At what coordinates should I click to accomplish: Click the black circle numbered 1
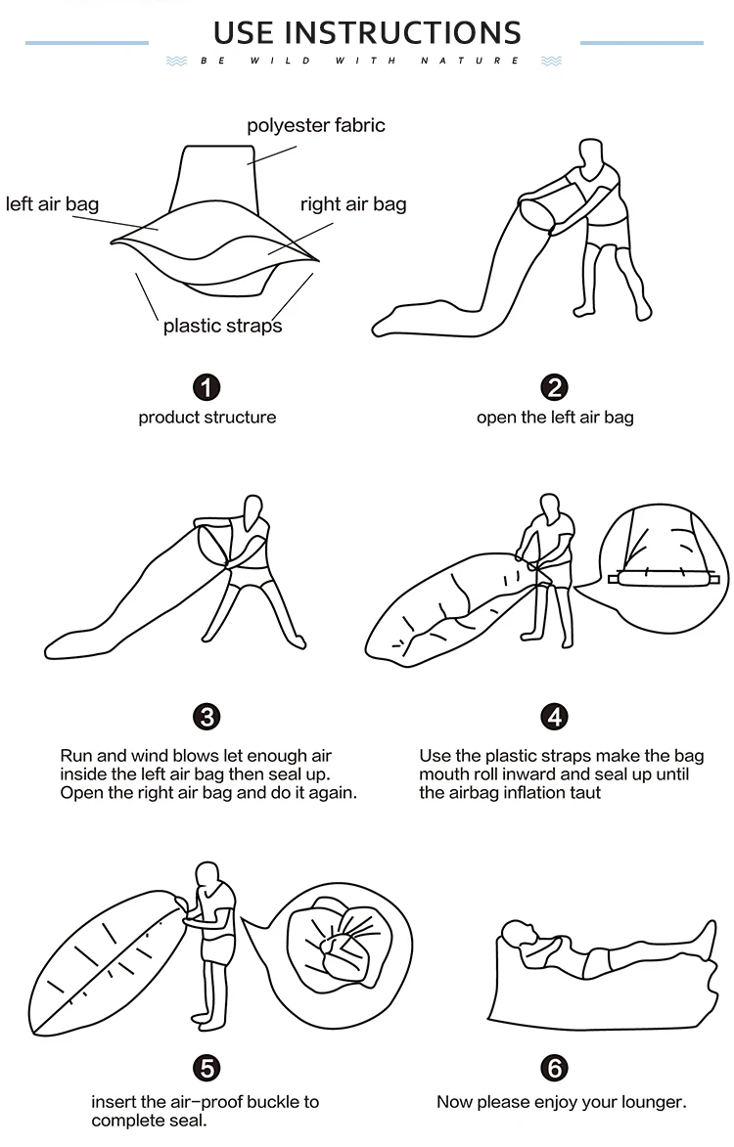click(207, 387)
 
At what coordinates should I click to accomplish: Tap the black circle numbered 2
click(555, 387)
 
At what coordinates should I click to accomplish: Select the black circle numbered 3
click(207, 717)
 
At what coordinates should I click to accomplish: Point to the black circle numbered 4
click(555, 717)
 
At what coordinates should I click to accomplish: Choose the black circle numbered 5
click(207, 1068)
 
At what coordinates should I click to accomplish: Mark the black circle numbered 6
click(555, 1068)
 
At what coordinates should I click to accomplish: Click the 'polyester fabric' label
click(316, 126)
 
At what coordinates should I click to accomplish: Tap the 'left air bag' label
click(52, 204)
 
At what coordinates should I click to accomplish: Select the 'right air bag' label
click(353, 204)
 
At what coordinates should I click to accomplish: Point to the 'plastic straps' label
click(222, 326)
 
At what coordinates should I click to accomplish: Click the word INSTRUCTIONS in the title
click(403, 33)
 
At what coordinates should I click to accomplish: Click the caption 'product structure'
click(207, 418)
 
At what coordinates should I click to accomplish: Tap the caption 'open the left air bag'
click(555, 418)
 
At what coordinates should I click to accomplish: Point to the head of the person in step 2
click(590, 153)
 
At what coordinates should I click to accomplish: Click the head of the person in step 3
click(253, 509)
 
